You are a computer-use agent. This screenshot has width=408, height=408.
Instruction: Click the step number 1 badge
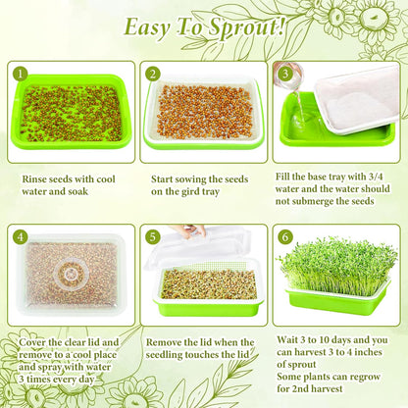[x=19, y=73]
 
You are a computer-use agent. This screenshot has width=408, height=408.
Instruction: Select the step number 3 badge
[x=284, y=73]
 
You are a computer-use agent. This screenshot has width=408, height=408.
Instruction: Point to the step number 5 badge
[x=153, y=236]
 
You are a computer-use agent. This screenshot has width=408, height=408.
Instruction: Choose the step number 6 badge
[x=284, y=236]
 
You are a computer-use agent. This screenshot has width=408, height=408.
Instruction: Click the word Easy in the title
[x=147, y=28]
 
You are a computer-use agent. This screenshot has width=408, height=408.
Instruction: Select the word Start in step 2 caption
[x=163, y=179]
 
